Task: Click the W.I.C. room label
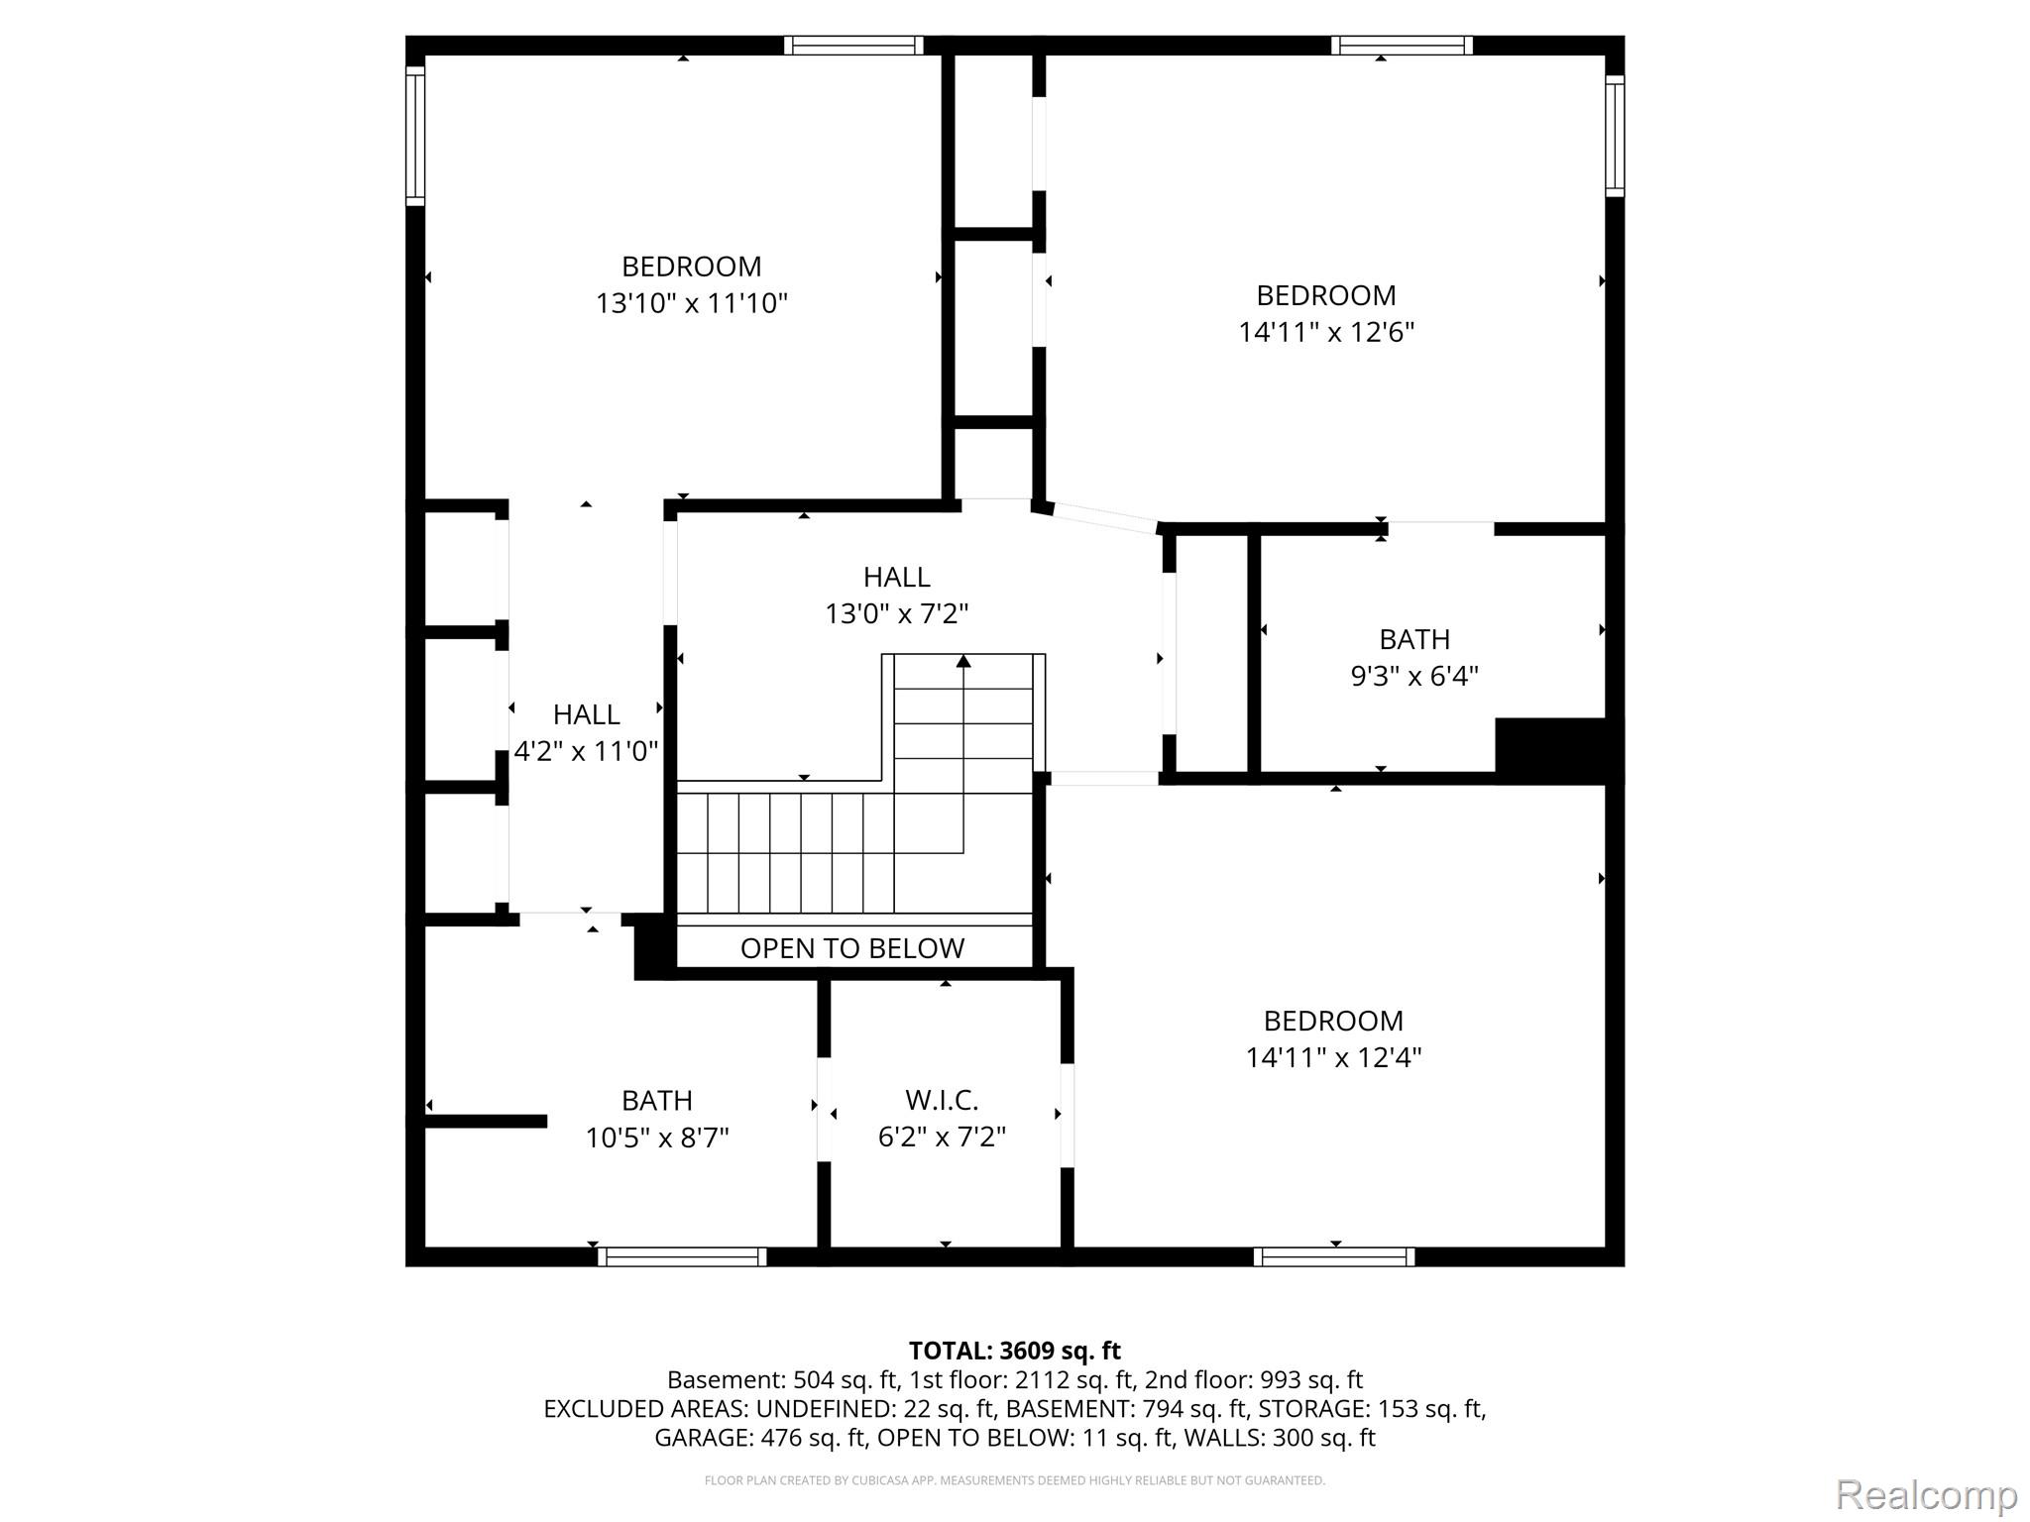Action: click(942, 1100)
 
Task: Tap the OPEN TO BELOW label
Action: click(852, 948)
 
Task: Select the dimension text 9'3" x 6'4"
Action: click(1414, 676)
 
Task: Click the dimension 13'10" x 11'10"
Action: click(691, 302)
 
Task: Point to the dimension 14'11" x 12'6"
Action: click(1326, 331)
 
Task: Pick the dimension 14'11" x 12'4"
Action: click(1333, 1057)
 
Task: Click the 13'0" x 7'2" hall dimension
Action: click(896, 613)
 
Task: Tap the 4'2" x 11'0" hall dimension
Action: click(586, 751)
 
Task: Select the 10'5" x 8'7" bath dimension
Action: click(656, 1138)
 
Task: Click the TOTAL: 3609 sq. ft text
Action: click(1015, 1351)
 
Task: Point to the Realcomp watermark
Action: click(1926, 1494)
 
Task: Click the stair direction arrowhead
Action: click(963, 661)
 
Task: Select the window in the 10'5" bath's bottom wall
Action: click(682, 1256)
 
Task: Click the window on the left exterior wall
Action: click(415, 136)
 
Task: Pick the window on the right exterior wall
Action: click(1615, 136)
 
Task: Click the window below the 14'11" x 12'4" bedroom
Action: click(1334, 1256)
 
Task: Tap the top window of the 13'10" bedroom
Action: click(853, 46)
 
